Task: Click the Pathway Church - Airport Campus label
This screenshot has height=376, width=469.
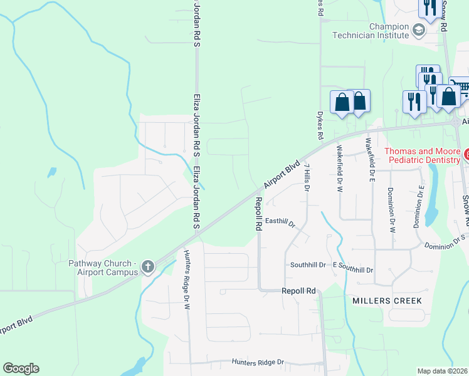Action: (x=103, y=268)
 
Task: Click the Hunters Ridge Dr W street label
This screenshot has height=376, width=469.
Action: (x=186, y=280)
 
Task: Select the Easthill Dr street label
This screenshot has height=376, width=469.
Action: (x=280, y=221)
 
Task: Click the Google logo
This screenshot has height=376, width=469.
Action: (x=21, y=368)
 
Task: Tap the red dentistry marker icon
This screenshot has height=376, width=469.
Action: (x=466, y=154)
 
